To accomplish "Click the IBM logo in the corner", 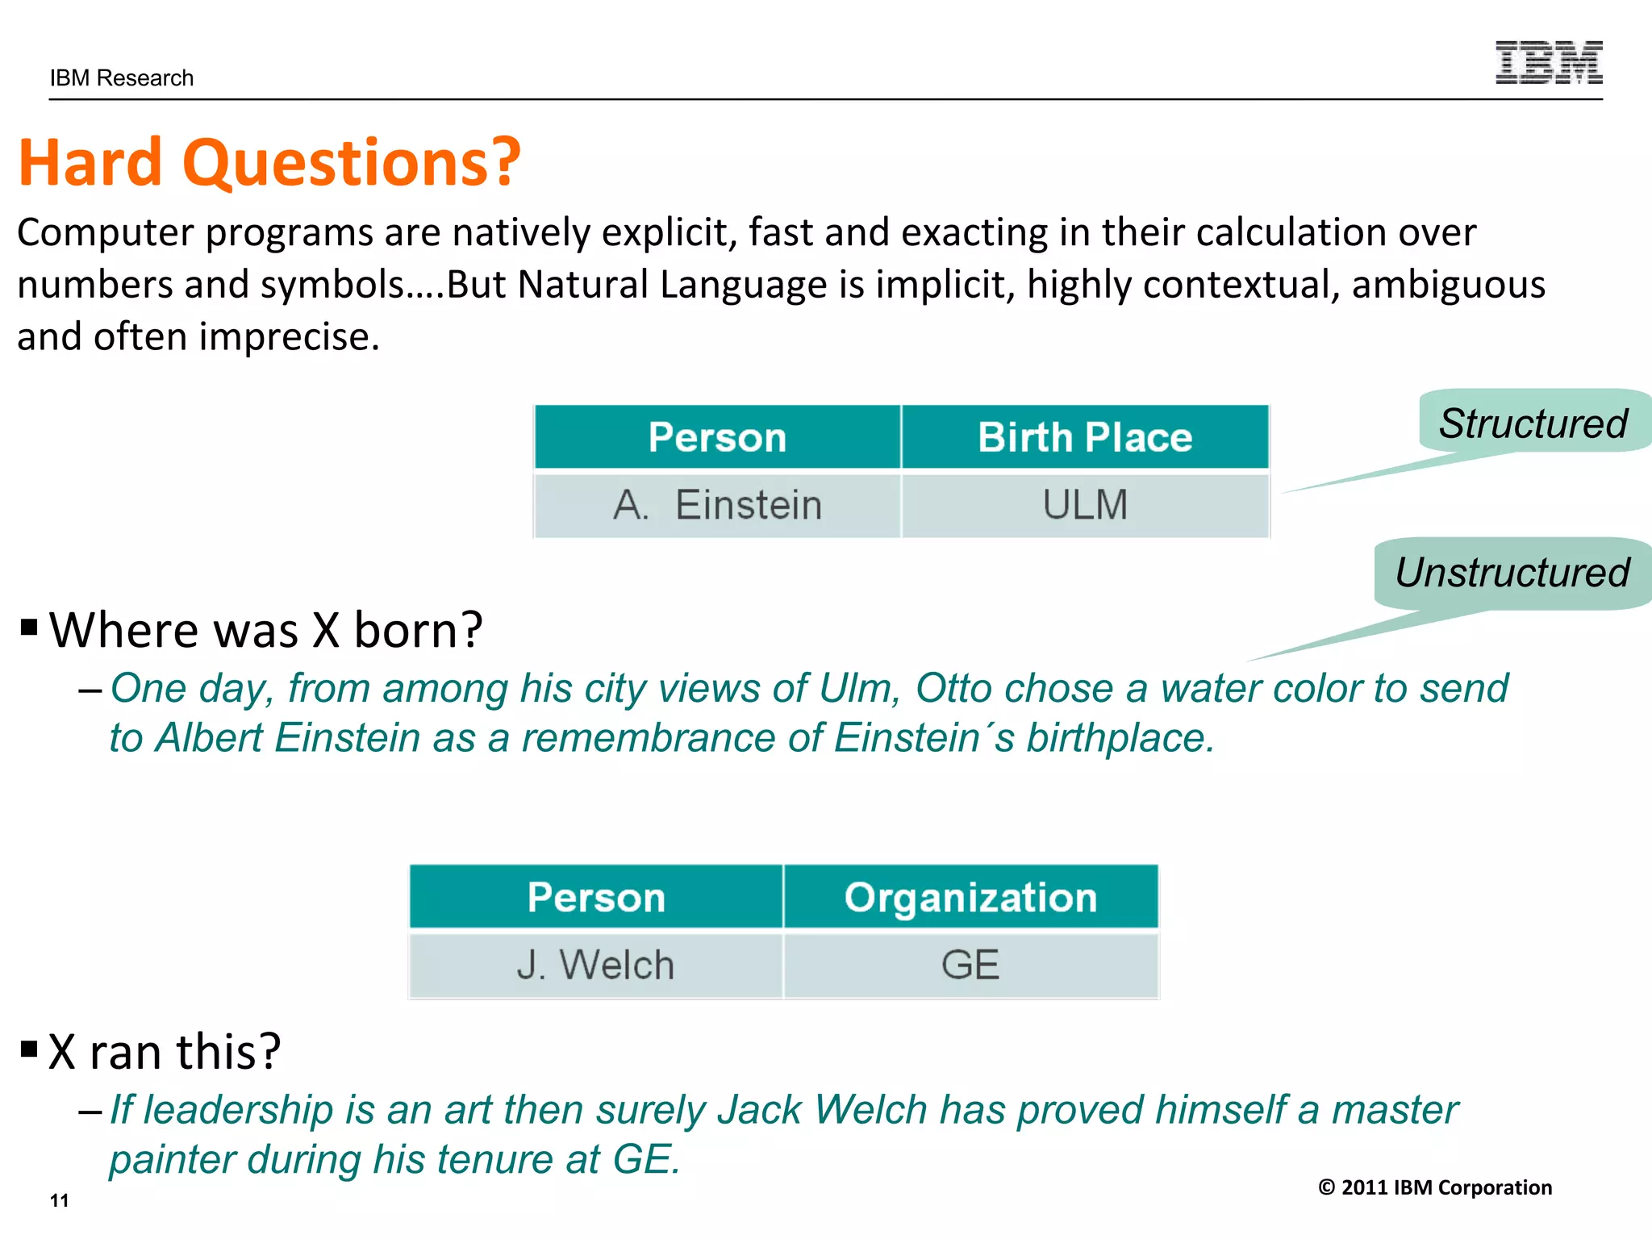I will coord(1548,62).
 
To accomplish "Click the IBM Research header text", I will coord(122,78).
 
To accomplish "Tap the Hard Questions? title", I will coord(269,162).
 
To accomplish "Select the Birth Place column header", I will coord(1084,437).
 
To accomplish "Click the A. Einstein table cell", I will coord(716,506).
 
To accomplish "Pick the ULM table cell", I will coord(1084,506).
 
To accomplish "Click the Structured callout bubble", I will coord(1533,423).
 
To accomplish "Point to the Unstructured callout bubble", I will coord(1512,573).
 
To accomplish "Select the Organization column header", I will coord(970,897).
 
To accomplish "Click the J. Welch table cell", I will coord(595,966).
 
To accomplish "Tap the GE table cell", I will coord(970,966).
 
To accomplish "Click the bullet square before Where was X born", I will coord(29,627).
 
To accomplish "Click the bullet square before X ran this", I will coord(29,1049).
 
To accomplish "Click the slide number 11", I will coord(59,1200).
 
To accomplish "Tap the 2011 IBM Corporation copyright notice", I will coord(1434,1187).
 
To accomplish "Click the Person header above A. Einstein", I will coord(716,437).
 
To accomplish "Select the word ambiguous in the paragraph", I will coord(1448,285).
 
